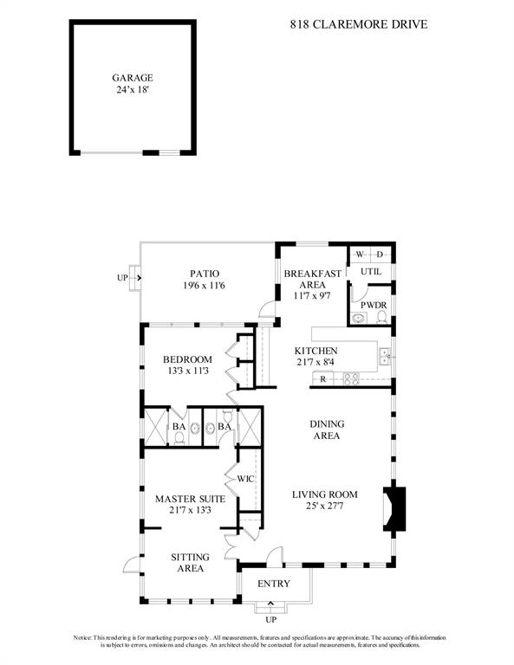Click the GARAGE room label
[133, 78]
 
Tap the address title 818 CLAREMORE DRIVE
[359, 24]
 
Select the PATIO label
[205, 274]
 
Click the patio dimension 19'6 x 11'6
[204, 286]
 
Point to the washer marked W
[360, 255]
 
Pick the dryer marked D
[380, 255]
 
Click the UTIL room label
[371, 271]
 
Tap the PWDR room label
[374, 306]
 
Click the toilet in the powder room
[382, 317]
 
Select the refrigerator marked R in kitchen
[323, 379]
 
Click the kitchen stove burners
[351, 378]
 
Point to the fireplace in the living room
[394, 508]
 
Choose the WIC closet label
[245, 479]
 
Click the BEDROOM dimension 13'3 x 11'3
[188, 371]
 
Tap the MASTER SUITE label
[190, 499]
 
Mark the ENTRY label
[274, 584]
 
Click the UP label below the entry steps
[270, 620]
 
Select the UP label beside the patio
[122, 278]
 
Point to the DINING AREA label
[327, 429]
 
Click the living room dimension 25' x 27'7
[325, 506]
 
